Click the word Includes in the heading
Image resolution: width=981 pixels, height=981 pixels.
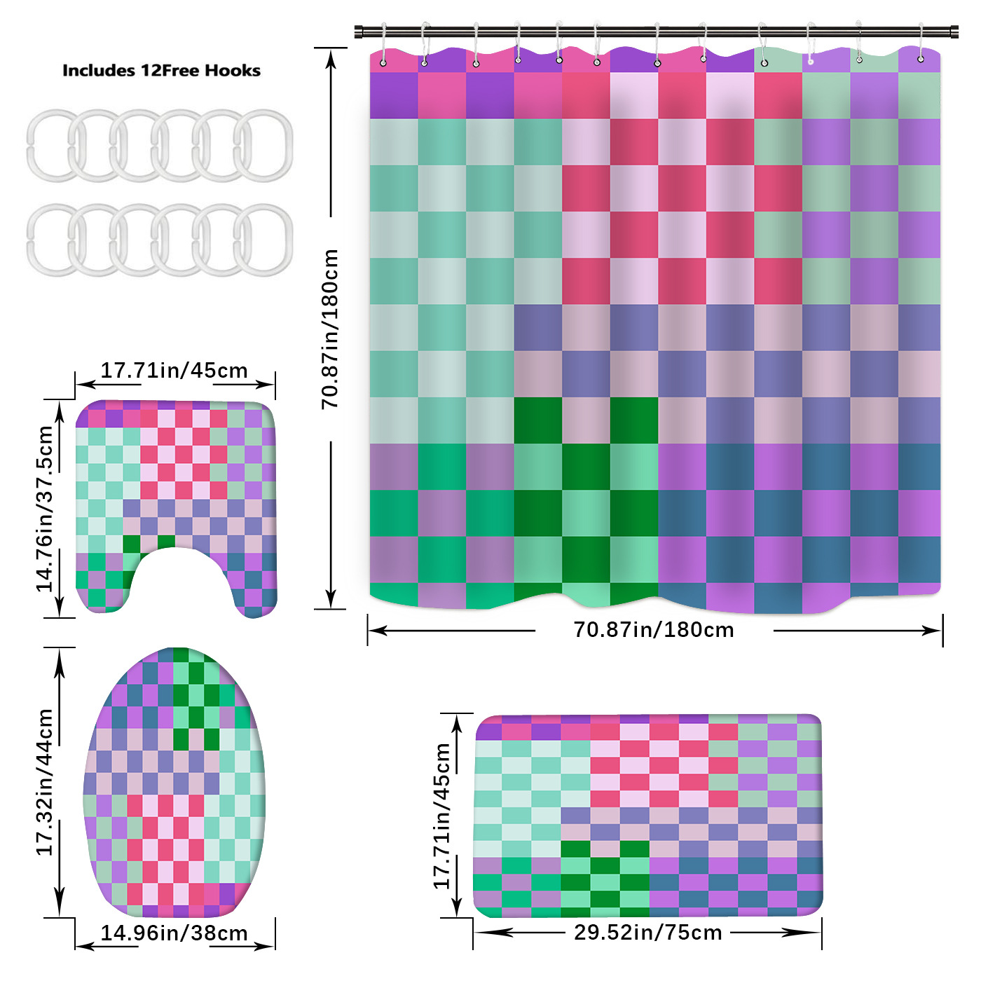coord(98,71)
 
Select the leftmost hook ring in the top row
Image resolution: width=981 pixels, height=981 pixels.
coord(50,144)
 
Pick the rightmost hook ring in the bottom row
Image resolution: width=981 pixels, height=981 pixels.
coord(263,240)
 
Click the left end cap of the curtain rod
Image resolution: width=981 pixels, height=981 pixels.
coord(359,32)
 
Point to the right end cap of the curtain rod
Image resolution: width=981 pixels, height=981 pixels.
coord(954,32)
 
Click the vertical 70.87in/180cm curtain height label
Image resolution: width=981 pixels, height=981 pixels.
coord(330,329)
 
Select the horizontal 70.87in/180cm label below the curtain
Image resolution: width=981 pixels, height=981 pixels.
coord(654,630)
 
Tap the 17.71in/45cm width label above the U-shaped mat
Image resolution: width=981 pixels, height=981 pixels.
coord(174,371)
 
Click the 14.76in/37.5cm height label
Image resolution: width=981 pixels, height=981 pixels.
coord(45,508)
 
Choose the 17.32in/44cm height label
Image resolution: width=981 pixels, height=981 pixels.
coord(45,781)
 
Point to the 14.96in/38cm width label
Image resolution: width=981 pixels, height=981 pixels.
coord(174,933)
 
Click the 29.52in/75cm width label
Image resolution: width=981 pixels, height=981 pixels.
coord(648,933)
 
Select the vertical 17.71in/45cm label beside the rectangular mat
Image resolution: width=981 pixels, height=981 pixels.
coord(442,816)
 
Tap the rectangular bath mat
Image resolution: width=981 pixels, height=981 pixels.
coord(648,816)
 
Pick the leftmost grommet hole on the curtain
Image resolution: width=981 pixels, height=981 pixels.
coord(383,63)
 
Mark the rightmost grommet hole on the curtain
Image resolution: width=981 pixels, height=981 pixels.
coord(921,59)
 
